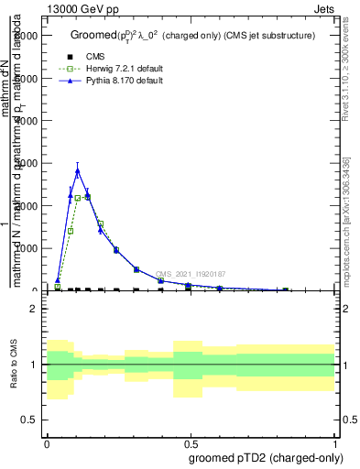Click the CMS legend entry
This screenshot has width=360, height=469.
[95, 57]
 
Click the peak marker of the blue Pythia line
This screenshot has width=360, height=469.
[78, 170]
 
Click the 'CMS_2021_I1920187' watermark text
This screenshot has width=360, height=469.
[190, 274]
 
